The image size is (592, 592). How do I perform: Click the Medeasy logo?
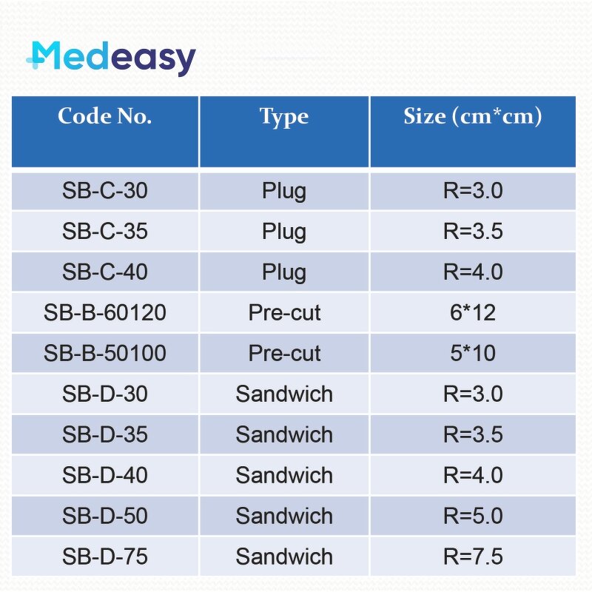111,58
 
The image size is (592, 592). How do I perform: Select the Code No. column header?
104,117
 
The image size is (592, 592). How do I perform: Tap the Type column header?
283,117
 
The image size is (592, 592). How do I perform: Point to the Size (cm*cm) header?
472,117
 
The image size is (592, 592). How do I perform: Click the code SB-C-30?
104,191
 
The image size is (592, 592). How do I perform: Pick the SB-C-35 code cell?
104,232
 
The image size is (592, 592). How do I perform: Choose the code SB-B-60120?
104,312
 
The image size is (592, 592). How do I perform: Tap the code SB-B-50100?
104,353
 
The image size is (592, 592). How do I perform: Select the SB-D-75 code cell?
104,556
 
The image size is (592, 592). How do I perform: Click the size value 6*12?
473,312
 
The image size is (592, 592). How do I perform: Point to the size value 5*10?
473,353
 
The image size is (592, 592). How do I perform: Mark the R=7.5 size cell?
473,556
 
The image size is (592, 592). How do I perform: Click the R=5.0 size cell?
473,516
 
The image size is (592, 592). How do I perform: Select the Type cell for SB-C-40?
283,272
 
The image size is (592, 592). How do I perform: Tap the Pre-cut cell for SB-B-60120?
284,312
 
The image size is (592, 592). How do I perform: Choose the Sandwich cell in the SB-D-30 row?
284,394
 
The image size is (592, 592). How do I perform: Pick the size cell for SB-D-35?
473,434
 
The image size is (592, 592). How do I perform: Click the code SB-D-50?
104,516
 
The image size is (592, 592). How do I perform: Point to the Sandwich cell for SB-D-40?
284,475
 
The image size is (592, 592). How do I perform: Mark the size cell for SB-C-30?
473,191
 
